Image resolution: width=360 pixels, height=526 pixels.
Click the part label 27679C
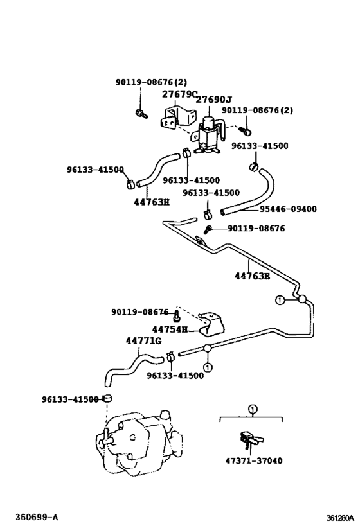pyautogui.click(x=179, y=94)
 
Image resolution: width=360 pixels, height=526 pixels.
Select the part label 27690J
pyautogui.click(x=213, y=100)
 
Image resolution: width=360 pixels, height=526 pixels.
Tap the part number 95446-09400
pyautogui.click(x=288, y=209)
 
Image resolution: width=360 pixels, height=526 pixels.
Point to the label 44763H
pyautogui.click(x=152, y=202)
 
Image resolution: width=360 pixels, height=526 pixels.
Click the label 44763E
pyautogui.click(x=252, y=276)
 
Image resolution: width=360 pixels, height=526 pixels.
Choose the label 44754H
pyautogui.click(x=170, y=329)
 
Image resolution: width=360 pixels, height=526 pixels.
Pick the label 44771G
pyautogui.click(x=143, y=341)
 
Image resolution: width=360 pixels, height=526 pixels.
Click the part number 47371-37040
pyautogui.click(x=254, y=460)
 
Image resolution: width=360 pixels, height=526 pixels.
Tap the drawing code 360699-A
pyautogui.click(x=34, y=517)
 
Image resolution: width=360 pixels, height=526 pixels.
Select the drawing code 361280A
pyautogui.click(x=340, y=518)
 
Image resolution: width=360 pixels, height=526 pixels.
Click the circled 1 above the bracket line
pyautogui.click(x=253, y=409)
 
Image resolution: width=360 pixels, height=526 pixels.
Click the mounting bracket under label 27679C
pyautogui.click(x=177, y=118)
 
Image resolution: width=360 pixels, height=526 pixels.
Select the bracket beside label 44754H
pyautogui.click(x=212, y=324)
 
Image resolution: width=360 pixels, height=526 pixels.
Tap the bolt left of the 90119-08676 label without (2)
pyautogui.click(x=208, y=229)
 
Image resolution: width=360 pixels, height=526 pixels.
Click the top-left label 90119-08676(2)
pyautogui.click(x=151, y=82)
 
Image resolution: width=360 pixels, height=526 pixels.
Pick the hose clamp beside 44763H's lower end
pyautogui.click(x=130, y=184)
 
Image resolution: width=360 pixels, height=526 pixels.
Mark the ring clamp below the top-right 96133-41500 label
pyautogui.click(x=254, y=166)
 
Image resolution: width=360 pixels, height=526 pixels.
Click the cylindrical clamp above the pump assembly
pyautogui.click(x=107, y=398)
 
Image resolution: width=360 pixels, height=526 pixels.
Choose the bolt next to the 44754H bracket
pyautogui.click(x=176, y=316)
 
